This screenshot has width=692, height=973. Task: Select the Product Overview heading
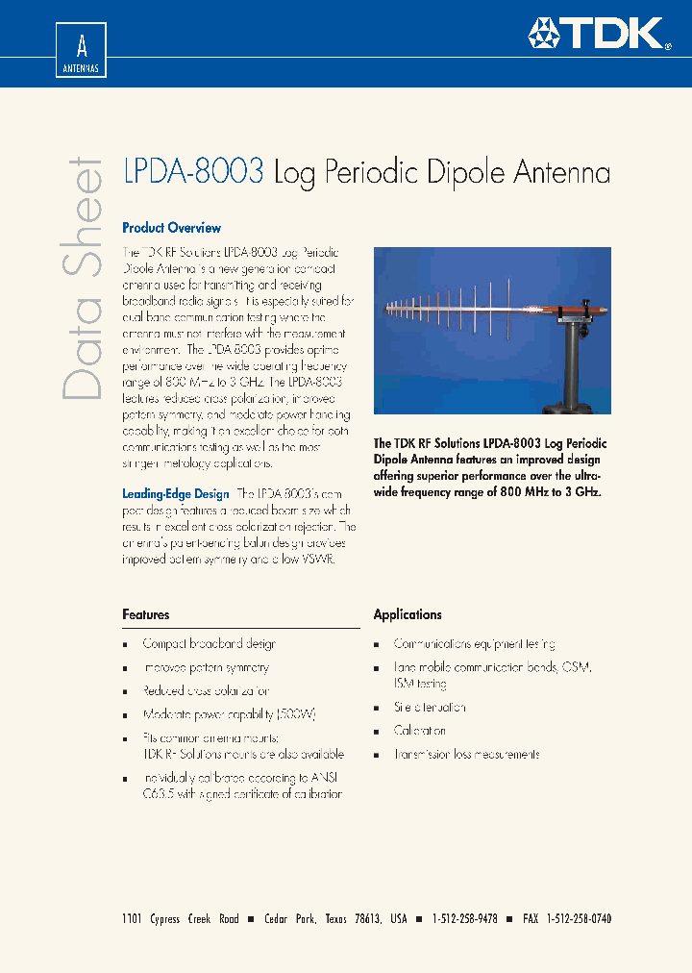(171, 228)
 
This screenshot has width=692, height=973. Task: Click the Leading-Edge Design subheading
(175, 494)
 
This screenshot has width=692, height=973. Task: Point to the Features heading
(145, 614)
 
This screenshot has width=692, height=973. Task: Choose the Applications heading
(408, 614)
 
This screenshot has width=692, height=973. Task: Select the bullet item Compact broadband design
(209, 644)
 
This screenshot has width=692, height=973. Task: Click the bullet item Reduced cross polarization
(206, 691)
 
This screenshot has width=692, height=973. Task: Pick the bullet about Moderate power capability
(229, 714)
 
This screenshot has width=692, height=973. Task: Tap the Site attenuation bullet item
(430, 707)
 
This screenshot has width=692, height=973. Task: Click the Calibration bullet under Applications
(420, 731)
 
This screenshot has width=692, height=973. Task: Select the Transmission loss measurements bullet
(466, 755)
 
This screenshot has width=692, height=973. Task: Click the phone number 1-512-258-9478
(465, 919)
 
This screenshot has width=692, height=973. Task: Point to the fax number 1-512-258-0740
(579, 919)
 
